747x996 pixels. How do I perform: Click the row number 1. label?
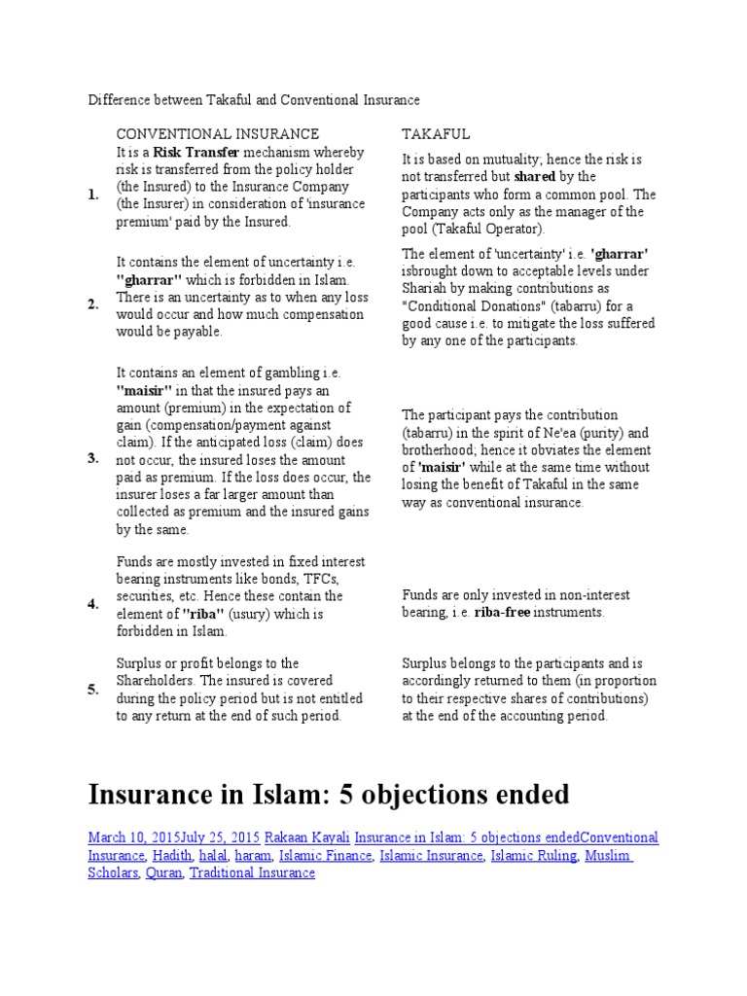tap(92, 195)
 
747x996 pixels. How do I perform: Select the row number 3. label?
tap(92, 458)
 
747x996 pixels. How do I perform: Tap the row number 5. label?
tap(92, 689)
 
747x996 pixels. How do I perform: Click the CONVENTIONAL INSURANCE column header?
tap(217, 133)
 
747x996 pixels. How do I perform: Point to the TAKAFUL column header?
tap(436, 133)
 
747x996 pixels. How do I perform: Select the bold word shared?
tap(534, 176)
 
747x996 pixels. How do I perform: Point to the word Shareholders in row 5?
tap(160, 680)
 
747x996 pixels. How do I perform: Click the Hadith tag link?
tap(172, 855)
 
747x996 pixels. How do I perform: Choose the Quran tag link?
tap(163, 872)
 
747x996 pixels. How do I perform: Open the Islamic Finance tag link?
tap(325, 855)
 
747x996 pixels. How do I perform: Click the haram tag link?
tap(252, 855)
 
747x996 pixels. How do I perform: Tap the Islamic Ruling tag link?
tap(532, 855)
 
